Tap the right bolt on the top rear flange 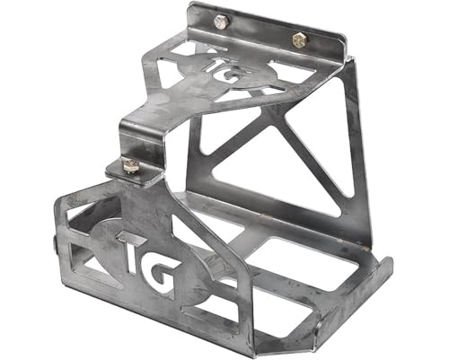pos(299,40)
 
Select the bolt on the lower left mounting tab pos(131,165)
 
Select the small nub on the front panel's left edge pos(54,243)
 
